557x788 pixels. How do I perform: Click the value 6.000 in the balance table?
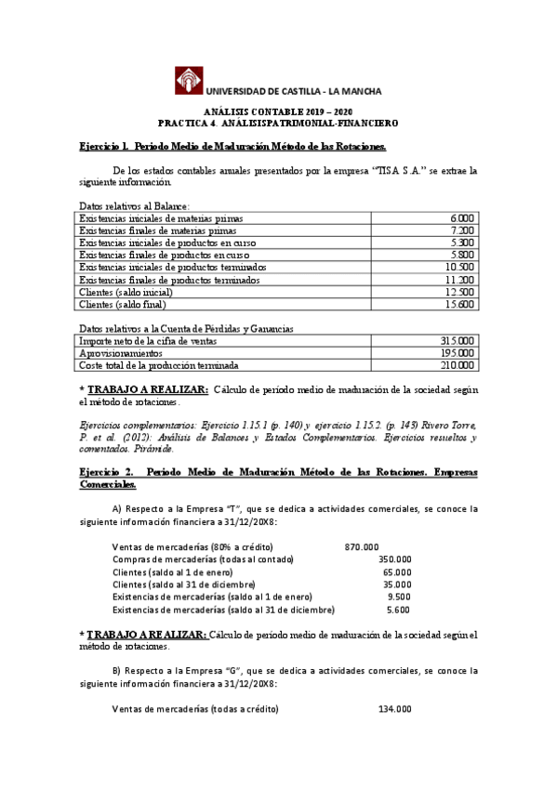click(461, 217)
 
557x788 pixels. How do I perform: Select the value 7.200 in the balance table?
click(461, 230)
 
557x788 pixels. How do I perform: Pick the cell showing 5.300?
click(461, 242)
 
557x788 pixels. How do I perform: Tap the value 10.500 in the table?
click(459, 267)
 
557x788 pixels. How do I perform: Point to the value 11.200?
click(459, 280)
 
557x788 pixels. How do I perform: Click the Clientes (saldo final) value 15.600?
click(459, 305)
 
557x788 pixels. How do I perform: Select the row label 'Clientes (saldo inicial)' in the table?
click(126, 292)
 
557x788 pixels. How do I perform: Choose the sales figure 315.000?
click(458, 341)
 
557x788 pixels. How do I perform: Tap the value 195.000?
click(458, 354)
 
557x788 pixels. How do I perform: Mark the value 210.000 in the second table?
click(458, 366)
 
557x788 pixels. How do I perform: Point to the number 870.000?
click(362, 546)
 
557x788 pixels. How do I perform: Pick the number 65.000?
click(397, 571)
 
